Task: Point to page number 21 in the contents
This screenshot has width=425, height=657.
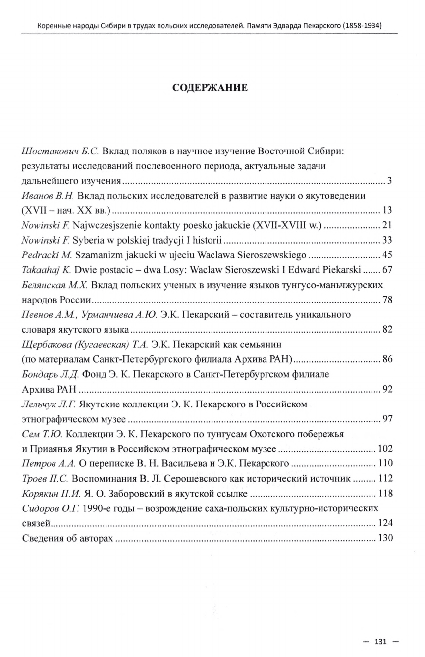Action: [387, 226]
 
